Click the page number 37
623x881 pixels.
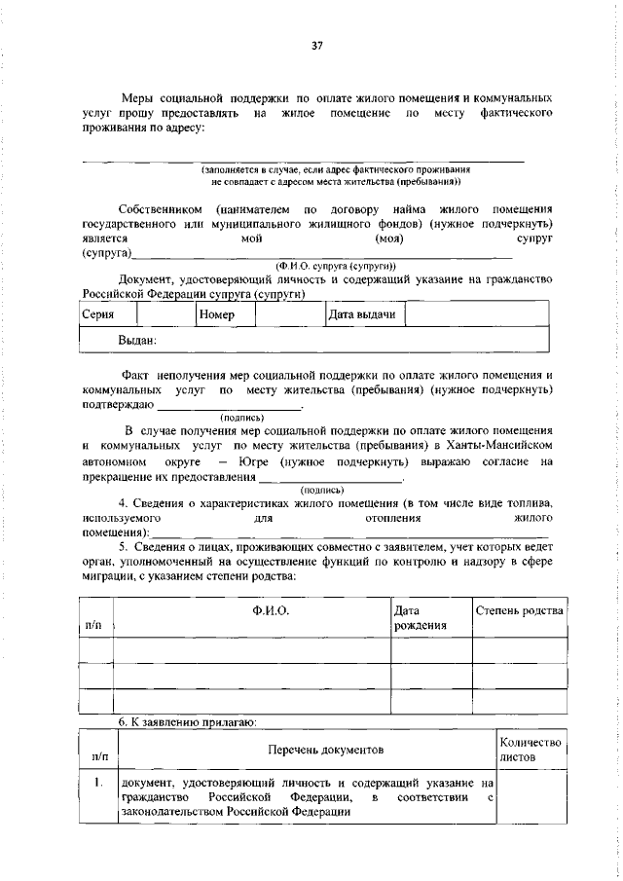(x=316, y=44)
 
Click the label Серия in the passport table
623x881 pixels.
(x=98, y=314)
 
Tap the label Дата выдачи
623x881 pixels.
(x=361, y=314)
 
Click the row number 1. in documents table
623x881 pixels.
(x=97, y=782)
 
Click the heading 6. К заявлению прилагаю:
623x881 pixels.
(x=173, y=721)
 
